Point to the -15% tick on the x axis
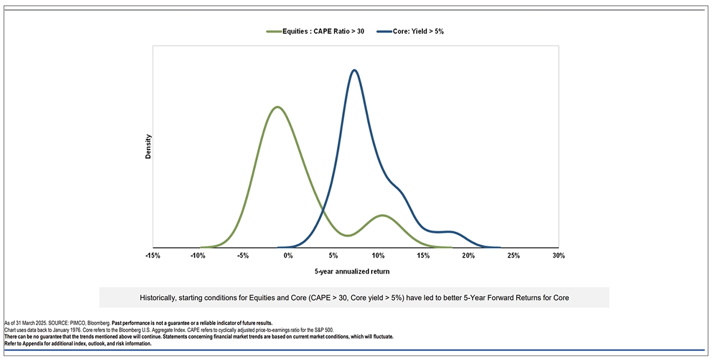point(153,256)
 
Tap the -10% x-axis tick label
point(198,256)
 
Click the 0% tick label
point(288,256)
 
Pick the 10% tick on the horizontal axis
point(378,256)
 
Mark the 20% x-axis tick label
point(469,256)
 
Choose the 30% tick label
point(558,256)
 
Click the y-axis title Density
point(148,147)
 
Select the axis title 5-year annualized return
point(352,271)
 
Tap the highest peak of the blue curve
point(354,70)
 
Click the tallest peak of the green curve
point(277,107)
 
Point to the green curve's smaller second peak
point(382,215)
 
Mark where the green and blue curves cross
point(323,210)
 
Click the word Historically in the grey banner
point(158,298)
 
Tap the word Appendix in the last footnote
point(33,344)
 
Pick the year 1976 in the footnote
point(76,330)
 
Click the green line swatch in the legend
point(274,31)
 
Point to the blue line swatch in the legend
point(384,31)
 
